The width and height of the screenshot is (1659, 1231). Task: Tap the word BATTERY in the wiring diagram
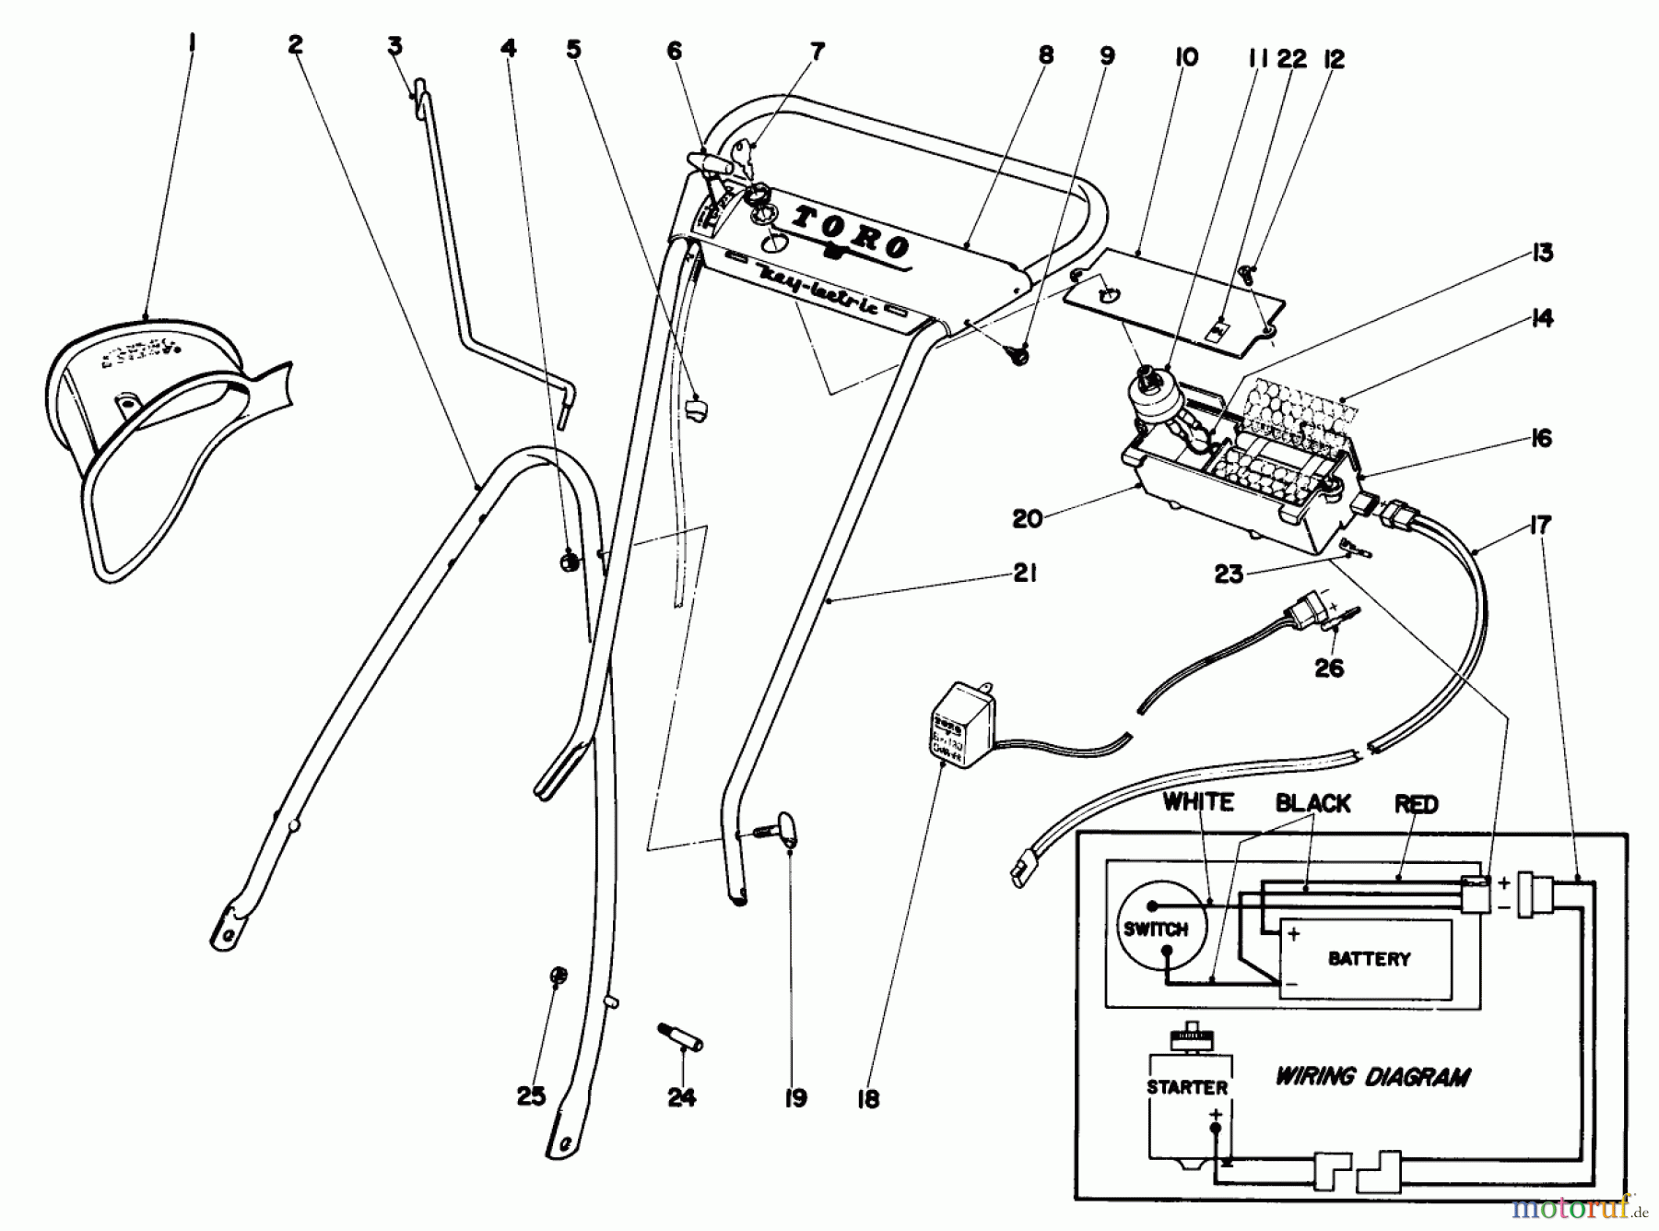(x=1369, y=959)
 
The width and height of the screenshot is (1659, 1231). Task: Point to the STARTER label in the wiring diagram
(x=1187, y=1087)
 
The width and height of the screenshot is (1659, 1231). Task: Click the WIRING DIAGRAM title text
(x=1372, y=1076)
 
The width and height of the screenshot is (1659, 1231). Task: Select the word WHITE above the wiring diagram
(x=1198, y=802)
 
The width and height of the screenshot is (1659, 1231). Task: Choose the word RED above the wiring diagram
(x=1416, y=804)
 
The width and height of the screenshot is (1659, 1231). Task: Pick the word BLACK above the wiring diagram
(x=1312, y=803)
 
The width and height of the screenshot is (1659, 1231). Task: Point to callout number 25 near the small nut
(x=531, y=1095)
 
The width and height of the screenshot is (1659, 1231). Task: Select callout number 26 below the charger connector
(x=1328, y=667)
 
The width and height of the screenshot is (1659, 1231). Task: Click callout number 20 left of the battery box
(x=1027, y=518)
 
